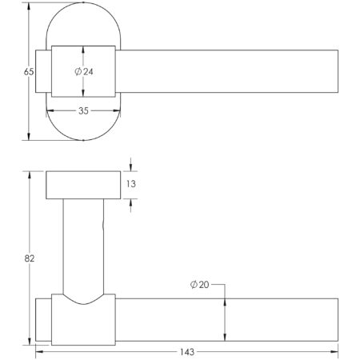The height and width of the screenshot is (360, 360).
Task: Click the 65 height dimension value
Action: pos(28,71)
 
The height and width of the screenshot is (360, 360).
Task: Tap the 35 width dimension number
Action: pos(84,110)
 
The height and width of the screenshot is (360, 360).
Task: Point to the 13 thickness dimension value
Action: pos(132,184)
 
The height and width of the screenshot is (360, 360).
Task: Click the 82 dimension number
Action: pos(28,258)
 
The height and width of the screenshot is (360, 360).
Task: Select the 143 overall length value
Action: pos(187,350)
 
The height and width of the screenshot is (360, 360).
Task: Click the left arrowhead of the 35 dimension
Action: pos(55,110)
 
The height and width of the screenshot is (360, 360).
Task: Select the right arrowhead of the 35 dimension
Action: pos(114,110)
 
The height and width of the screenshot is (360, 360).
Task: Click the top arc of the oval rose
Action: pos(84,9)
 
